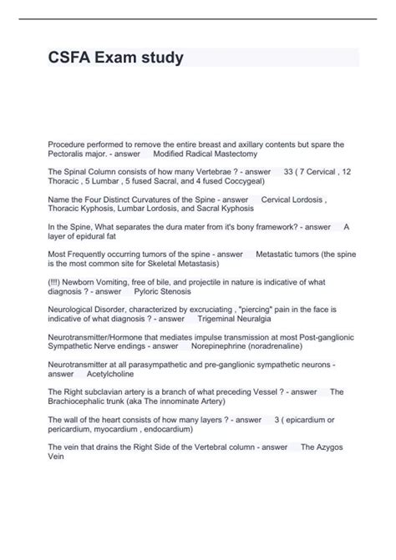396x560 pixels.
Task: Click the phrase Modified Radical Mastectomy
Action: coord(206,154)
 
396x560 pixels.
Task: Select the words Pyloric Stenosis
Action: coord(163,292)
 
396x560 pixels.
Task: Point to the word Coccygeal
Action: coord(238,180)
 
